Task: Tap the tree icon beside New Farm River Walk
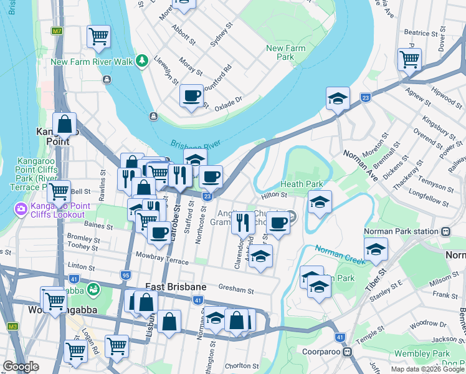click(143, 60)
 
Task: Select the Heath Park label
click(302, 184)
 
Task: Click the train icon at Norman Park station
click(446, 231)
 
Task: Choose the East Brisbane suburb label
click(175, 286)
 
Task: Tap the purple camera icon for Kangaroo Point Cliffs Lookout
click(21, 208)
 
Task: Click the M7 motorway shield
click(57, 30)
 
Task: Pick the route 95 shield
click(126, 275)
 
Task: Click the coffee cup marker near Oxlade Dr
click(191, 97)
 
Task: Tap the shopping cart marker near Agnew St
click(409, 59)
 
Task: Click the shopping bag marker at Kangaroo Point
click(64, 124)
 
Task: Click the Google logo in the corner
click(21, 367)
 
